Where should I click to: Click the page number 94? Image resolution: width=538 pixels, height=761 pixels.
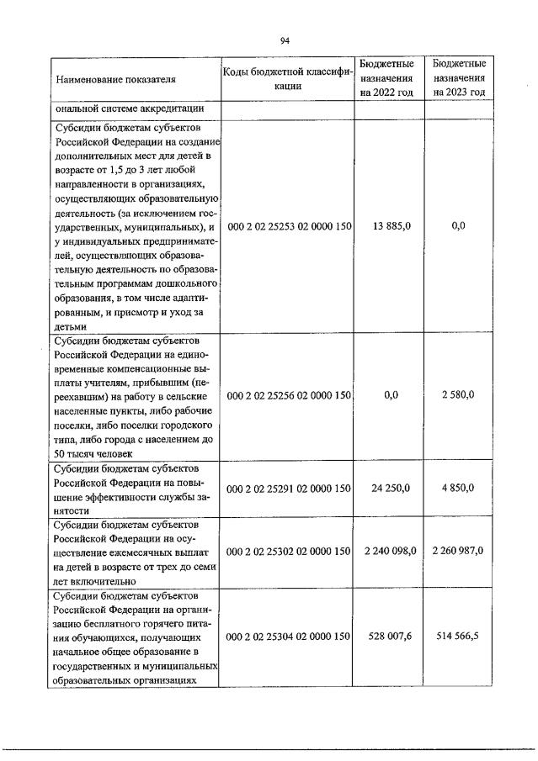pyautogui.click(x=285, y=40)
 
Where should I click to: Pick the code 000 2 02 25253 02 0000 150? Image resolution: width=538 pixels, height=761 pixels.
pyautogui.click(x=287, y=227)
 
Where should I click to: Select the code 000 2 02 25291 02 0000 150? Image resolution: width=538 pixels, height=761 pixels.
pyautogui.click(x=287, y=488)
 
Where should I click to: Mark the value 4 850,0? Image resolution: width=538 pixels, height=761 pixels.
pyautogui.click(x=459, y=488)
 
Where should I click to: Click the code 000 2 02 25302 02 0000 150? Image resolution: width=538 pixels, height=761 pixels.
pyautogui.click(x=287, y=551)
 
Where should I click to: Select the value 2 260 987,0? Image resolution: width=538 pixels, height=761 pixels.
pyautogui.click(x=457, y=551)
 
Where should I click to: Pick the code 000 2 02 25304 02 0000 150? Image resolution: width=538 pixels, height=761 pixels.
pyautogui.click(x=287, y=637)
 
